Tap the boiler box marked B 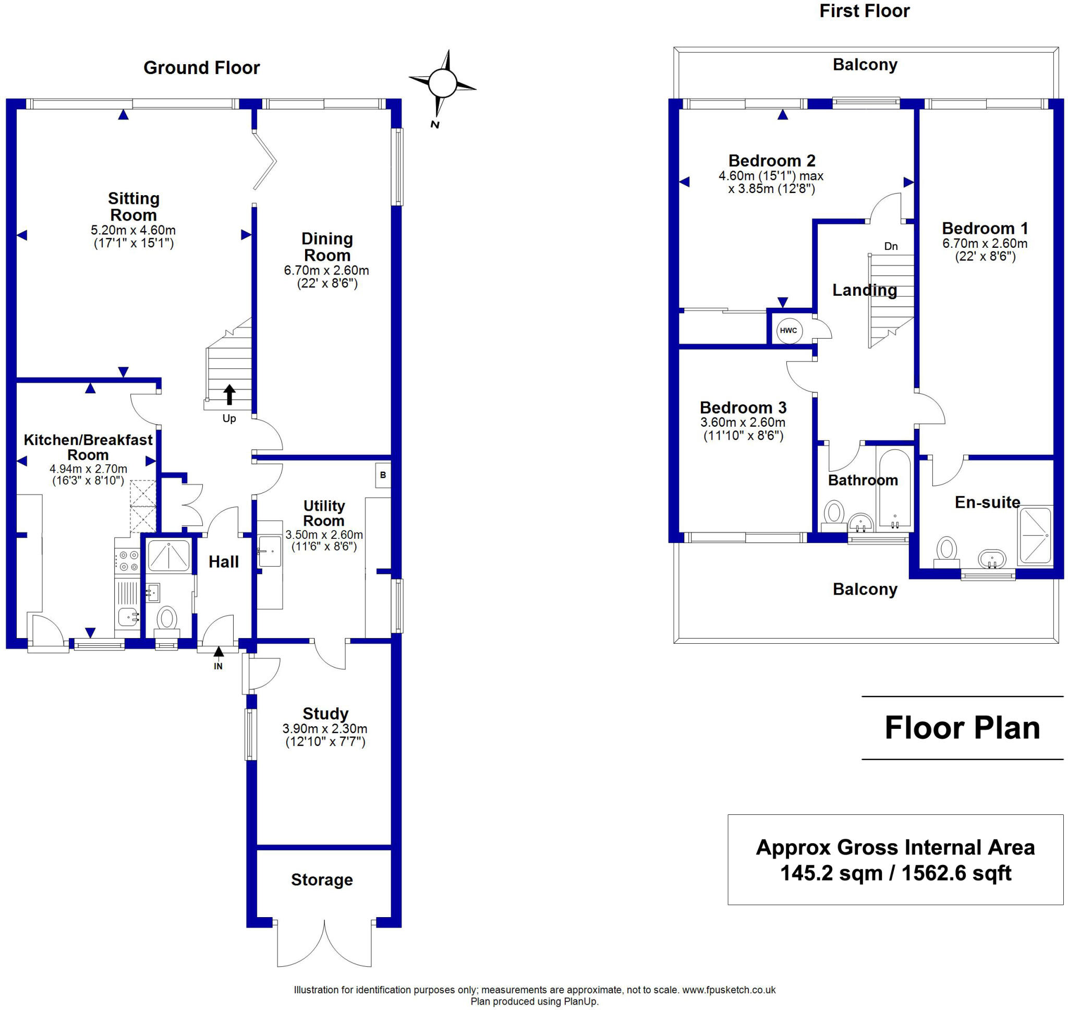click(x=383, y=475)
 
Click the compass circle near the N click(x=442, y=83)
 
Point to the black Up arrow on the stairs click(x=229, y=394)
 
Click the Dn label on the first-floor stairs click(x=891, y=247)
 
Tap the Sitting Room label click(x=133, y=207)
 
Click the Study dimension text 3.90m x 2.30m click(x=325, y=729)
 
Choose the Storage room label click(x=322, y=880)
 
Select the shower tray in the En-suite click(x=1035, y=535)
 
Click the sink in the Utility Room click(x=270, y=551)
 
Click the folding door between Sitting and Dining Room click(x=265, y=160)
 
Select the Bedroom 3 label click(x=743, y=407)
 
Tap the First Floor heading click(x=864, y=11)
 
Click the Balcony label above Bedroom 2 click(x=865, y=65)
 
